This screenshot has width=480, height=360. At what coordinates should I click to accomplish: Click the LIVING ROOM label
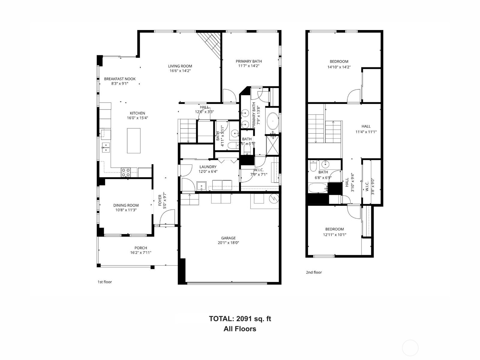(180, 66)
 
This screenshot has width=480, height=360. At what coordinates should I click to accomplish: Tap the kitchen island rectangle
(134, 141)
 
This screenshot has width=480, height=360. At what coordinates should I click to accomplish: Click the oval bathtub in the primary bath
(273, 121)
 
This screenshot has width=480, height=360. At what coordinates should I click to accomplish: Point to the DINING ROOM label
(126, 205)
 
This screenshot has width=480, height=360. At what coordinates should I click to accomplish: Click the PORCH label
(141, 248)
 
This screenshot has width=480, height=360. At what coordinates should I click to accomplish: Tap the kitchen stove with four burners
(126, 172)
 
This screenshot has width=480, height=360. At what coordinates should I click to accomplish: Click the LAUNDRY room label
(208, 167)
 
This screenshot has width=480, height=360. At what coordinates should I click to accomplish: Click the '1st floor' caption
(105, 282)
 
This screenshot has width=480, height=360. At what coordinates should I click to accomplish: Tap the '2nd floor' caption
(314, 272)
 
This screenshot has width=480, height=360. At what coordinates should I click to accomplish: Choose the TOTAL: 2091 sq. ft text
(240, 319)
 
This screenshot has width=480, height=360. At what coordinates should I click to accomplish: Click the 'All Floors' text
(240, 329)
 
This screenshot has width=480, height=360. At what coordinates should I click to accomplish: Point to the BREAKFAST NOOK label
(120, 79)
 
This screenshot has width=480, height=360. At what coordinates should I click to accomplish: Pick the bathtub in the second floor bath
(318, 188)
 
